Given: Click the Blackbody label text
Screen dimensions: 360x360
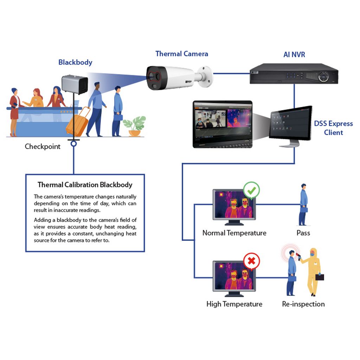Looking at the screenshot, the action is [75, 63].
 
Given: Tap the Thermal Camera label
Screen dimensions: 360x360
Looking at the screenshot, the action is [182, 54].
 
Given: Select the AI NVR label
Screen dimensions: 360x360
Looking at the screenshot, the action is [294, 54].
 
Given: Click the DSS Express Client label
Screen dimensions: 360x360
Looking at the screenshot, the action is [333, 128].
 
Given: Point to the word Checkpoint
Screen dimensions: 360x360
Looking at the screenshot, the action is [43, 147].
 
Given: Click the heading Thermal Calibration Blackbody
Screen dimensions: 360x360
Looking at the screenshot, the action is [85, 185].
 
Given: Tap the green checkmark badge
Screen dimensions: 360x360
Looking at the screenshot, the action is [251, 190].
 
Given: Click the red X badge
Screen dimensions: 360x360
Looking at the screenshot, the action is [252, 261].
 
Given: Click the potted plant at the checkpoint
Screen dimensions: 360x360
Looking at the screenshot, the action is [135, 126].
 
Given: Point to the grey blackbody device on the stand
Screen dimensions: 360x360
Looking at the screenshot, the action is [75, 84].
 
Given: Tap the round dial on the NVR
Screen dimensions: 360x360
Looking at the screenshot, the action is [324, 76].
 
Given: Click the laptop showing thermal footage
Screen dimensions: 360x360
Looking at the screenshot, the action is [223, 124].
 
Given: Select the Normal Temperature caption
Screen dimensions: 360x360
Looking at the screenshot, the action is [234, 233].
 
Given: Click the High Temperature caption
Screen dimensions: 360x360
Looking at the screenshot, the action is [234, 304].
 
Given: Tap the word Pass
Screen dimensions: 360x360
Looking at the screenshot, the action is [303, 233].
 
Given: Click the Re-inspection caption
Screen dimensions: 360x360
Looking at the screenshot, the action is [303, 304].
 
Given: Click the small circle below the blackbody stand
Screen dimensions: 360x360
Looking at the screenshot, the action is [74, 144].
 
